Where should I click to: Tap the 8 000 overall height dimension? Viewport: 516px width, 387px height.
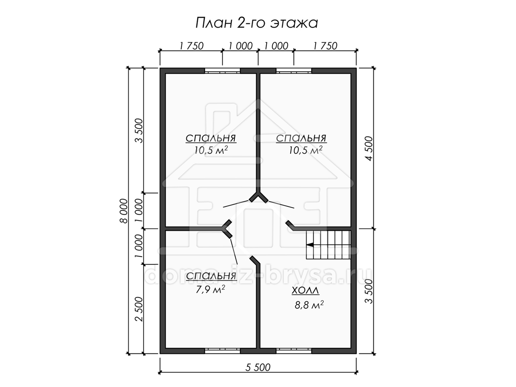click(124, 211)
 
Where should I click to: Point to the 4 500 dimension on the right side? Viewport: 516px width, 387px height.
click(369, 148)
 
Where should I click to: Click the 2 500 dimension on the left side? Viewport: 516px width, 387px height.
click(139, 309)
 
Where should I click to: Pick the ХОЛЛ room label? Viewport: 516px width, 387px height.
click(306, 291)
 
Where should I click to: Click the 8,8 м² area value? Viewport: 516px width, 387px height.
click(309, 305)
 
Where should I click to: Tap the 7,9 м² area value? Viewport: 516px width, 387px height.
click(210, 289)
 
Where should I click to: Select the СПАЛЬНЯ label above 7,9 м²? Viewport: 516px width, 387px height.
click(211, 276)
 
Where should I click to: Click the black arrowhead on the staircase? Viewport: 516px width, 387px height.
click(310, 245)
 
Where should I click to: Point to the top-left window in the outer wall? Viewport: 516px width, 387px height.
click(222, 71)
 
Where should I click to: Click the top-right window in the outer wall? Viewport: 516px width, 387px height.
click(294, 71)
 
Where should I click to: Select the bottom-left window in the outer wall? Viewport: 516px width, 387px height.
click(222, 357)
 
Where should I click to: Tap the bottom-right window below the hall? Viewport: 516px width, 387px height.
click(294, 357)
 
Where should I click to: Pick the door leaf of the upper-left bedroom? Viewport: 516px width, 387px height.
click(236, 204)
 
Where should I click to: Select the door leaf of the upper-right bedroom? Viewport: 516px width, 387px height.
click(281, 204)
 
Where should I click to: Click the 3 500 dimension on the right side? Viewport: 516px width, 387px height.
click(369, 292)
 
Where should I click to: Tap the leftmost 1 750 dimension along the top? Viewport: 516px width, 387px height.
click(191, 46)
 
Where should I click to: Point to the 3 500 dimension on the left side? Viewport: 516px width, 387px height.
click(139, 131)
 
